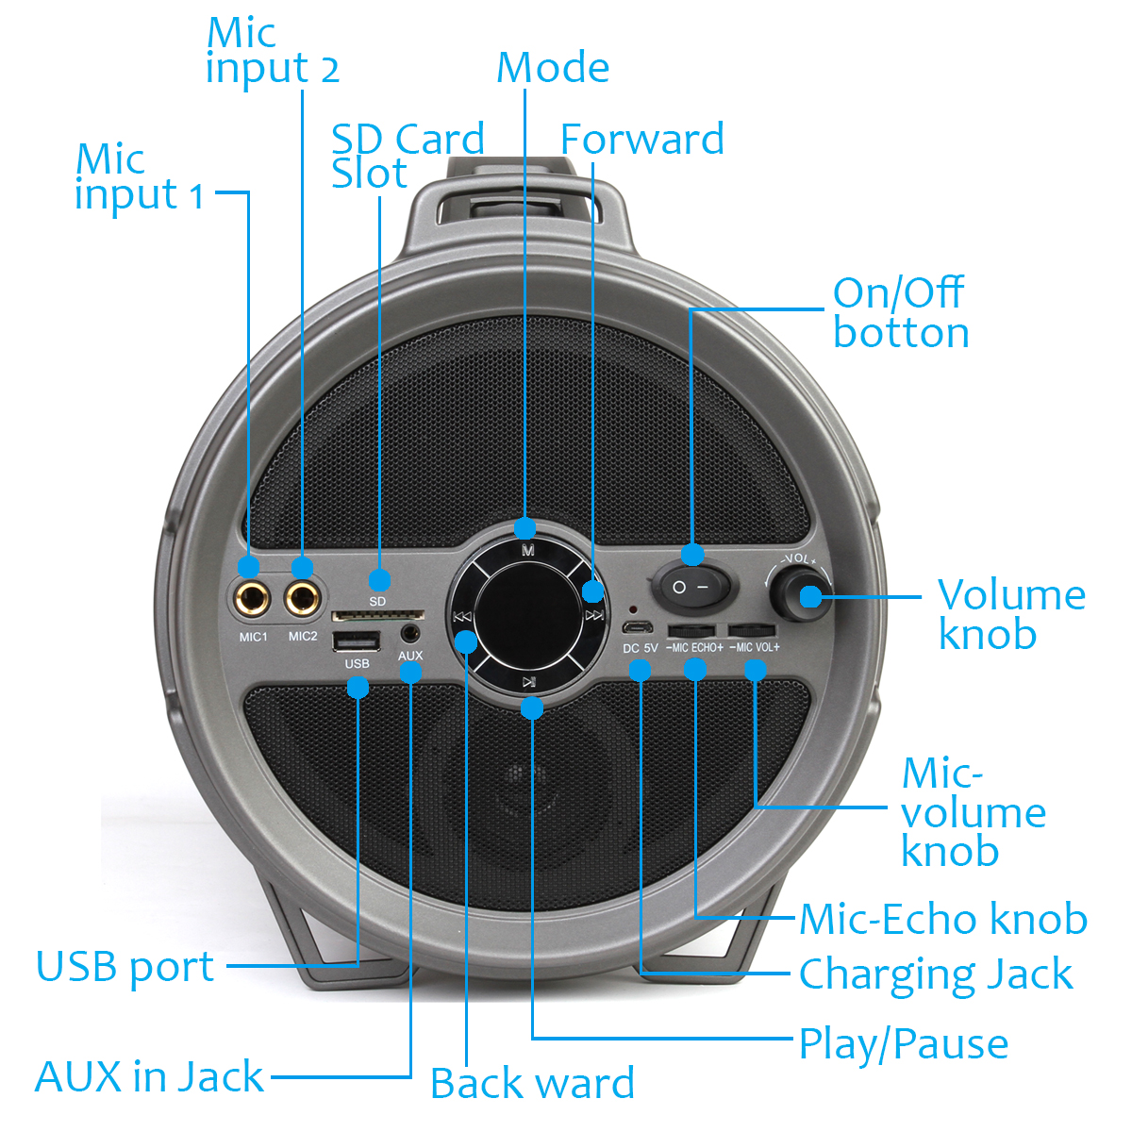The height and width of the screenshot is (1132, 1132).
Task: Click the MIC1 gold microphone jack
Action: (x=252, y=598)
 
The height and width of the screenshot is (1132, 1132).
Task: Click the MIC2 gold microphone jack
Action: (x=303, y=598)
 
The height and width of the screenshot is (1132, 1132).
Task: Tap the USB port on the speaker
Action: (x=357, y=642)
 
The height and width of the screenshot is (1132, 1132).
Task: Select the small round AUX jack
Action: (x=410, y=633)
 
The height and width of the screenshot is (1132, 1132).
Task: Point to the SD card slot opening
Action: (x=377, y=616)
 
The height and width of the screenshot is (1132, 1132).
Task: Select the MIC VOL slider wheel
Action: (x=752, y=630)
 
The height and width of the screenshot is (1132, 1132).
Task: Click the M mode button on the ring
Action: (x=527, y=550)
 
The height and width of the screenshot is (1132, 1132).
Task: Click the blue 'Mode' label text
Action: (x=553, y=68)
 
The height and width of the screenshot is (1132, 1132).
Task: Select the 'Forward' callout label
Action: (x=641, y=140)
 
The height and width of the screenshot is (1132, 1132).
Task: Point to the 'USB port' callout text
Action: (x=125, y=967)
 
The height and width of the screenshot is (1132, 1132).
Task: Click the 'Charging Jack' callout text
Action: (x=935, y=974)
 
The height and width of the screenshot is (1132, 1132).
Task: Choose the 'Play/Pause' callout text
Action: (x=903, y=1044)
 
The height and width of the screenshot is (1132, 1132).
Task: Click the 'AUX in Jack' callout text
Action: (x=149, y=1076)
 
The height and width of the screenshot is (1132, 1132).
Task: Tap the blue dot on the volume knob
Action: (x=810, y=596)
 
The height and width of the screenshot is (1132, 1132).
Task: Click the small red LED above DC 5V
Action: (x=633, y=610)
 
